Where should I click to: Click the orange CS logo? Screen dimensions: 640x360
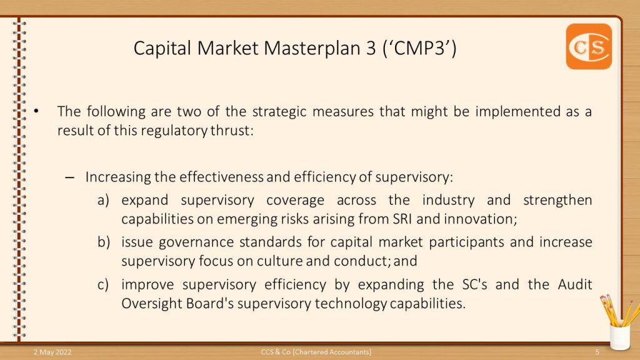(589, 46)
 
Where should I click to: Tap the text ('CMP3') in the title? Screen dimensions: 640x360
(419, 48)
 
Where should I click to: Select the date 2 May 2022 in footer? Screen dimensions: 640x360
(52, 352)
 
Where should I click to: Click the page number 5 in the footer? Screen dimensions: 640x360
(597, 352)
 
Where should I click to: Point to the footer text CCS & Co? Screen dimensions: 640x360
(276, 352)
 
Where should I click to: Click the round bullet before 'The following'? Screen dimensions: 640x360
(36, 111)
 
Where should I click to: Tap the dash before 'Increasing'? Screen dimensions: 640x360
(70, 177)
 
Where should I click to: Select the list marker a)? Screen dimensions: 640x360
(103, 201)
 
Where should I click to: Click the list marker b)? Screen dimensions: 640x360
(104, 242)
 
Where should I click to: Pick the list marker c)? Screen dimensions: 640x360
(103, 284)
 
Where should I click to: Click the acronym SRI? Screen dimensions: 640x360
(402, 219)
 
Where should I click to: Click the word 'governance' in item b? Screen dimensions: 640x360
(196, 242)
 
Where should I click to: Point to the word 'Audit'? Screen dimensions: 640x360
(575, 284)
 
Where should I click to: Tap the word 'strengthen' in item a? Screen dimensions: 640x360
(557, 201)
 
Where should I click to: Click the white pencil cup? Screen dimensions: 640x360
(619, 336)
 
